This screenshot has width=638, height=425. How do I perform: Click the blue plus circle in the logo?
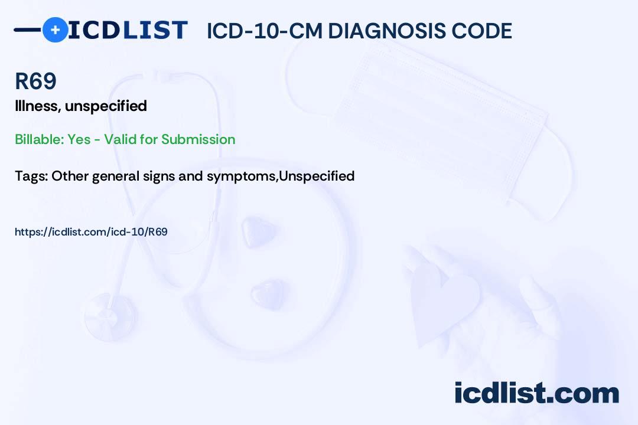pyautogui.click(x=55, y=30)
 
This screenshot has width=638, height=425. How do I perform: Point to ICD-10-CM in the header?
pyautogui.click(x=264, y=31)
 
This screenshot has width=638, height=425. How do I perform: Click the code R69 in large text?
pyautogui.click(x=35, y=81)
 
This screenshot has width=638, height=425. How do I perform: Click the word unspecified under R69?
pyautogui.click(x=106, y=106)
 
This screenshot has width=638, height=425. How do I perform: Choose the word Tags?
pyautogui.click(x=31, y=176)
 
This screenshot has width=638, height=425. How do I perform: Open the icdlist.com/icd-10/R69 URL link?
pyautogui.click(x=91, y=232)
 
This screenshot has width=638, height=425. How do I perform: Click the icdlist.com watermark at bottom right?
pyautogui.click(x=536, y=393)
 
